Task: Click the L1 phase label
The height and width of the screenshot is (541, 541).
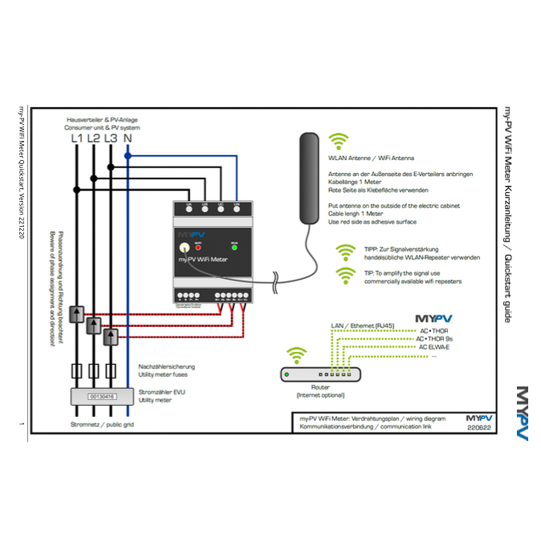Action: (x=77, y=138)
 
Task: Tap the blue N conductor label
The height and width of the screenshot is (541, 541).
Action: (x=128, y=138)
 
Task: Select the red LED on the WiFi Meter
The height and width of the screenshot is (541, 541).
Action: (x=198, y=247)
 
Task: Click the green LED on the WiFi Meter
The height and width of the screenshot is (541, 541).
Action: (x=234, y=247)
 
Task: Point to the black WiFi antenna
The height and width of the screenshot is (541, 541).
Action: (x=310, y=179)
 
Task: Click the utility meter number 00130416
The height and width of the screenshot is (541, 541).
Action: (x=102, y=397)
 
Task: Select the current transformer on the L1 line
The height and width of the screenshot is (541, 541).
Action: (x=77, y=313)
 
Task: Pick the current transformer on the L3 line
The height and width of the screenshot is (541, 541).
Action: (x=111, y=337)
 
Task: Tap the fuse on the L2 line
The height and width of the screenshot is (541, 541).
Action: (x=94, y=371)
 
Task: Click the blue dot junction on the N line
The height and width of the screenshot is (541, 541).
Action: (x=128, y=155)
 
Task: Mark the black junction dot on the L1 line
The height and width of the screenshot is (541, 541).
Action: (x=77, y=189)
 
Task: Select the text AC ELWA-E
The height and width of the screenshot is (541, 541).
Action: (x=436, y=347)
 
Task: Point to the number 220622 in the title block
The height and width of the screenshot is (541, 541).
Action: (x=478, y=427)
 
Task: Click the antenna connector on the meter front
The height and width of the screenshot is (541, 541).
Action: (x=184, y=247)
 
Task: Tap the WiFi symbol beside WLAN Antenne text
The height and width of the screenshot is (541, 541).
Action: (x=339, y=141)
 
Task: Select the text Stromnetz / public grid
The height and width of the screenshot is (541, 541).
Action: (x=102, y=425)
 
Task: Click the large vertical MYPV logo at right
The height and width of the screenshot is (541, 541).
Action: (x=522, y=414)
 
